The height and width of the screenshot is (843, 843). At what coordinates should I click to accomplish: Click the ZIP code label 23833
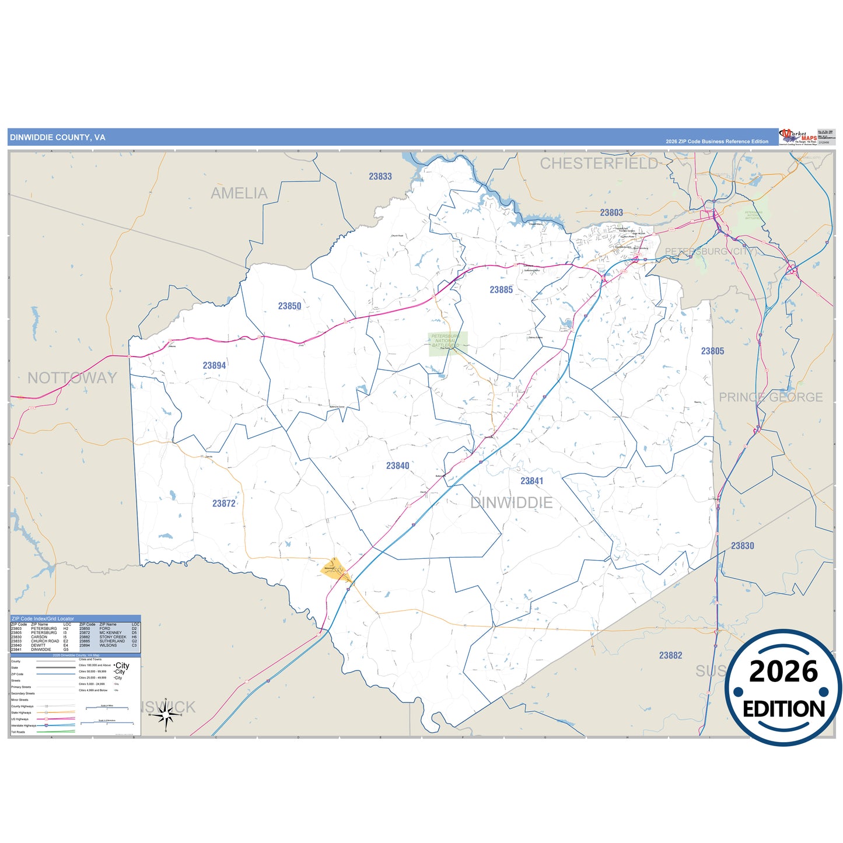click(x=380, y=176)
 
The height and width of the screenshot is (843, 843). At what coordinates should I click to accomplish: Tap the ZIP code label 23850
click(x=289, y=306)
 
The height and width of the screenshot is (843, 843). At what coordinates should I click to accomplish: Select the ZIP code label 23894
click(x=214, y=365)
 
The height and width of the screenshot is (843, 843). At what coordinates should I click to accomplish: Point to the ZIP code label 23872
click(x=223, y=503)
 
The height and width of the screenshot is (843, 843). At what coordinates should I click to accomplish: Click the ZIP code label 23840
click(x=397, y=466)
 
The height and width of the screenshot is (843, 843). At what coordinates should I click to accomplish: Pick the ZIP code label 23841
click(x=531, y=481)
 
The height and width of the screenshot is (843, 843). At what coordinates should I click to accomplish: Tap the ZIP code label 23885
click(x=501, y=289)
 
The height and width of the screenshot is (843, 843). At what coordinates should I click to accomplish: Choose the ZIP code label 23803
click(x=611, y=212)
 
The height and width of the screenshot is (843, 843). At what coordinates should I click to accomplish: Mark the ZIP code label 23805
click(x=712, y=351)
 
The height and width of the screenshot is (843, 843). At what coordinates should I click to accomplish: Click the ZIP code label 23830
click(x=742, y=545)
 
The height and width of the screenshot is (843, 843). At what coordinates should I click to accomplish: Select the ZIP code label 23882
click(x=670, y=655)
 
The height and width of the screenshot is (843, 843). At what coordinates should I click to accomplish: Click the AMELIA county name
click(x=239, y=193)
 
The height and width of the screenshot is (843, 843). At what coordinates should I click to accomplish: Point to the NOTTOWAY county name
click(x=72, y=378)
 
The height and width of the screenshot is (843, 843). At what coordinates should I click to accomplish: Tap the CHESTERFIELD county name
click(x=599, y=163)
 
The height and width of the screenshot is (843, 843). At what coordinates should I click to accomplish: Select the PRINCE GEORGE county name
click(x=770, y=397)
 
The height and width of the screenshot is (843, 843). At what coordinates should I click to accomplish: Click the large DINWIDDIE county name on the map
click(x=511, y=503)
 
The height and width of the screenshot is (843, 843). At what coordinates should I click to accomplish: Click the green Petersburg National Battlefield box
click(x=447, y=344)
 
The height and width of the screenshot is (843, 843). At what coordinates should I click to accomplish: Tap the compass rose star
click(x=166, y=713)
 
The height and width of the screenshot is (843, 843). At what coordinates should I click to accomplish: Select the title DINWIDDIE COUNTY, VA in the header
click(x=57, y=138)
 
